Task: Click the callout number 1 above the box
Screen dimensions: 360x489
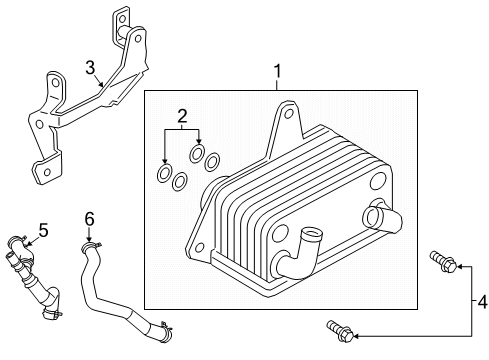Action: point(278,72)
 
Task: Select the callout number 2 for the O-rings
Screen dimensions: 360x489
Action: point(181,117)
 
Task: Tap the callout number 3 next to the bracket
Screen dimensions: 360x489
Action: point(90,68)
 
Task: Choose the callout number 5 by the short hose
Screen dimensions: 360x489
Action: point(42,230)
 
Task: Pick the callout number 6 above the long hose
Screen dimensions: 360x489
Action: point(89,218)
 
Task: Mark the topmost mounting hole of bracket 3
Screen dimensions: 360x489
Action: point(122,18)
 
